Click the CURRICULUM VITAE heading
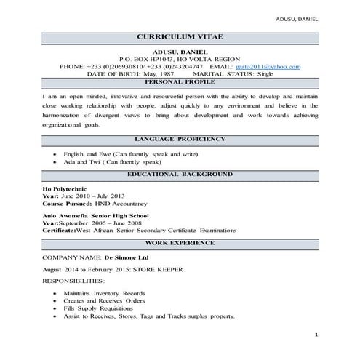180,37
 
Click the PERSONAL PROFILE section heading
180,83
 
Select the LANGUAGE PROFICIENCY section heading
180,139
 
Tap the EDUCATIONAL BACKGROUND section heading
180,175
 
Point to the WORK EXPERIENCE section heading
180,241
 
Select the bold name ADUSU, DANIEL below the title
180,52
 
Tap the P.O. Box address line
180,59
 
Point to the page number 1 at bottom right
317,334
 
